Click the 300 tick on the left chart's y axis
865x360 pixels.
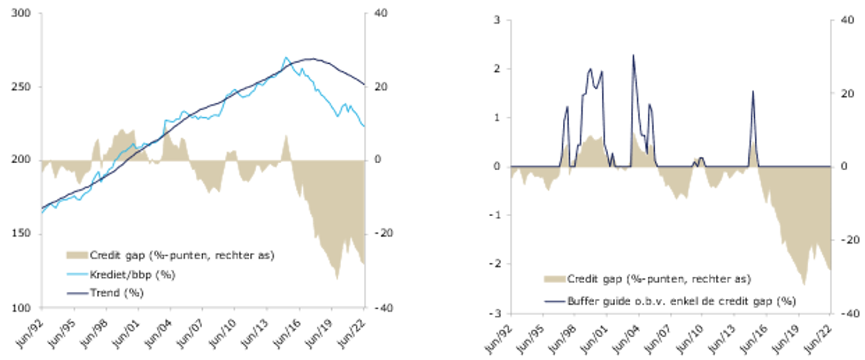[21, 13]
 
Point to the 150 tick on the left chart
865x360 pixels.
[21, 234]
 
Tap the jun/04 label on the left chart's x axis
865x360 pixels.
[158, 333]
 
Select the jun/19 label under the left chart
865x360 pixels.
[320, 333]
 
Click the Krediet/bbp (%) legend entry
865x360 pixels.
[132, 275]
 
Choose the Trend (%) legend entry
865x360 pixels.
[116, 293]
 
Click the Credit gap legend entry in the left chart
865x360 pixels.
[182, 255]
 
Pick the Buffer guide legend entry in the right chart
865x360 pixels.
[681, 301]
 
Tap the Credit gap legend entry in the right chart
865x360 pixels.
[658, 279]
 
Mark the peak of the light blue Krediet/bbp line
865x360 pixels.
[286, 57]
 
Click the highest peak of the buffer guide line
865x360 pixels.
[633, 55]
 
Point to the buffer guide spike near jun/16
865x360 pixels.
[753, 91]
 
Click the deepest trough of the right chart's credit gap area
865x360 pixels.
[804, 284]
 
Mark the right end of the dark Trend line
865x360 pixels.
[364, 84]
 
